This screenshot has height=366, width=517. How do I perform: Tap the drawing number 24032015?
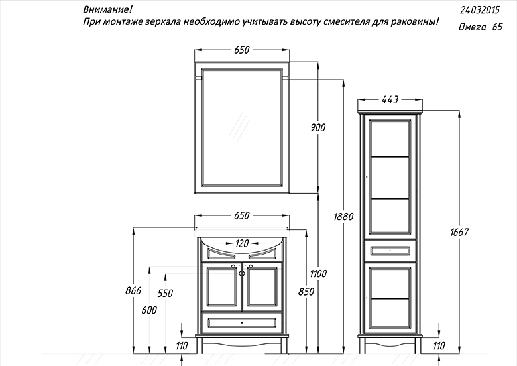[480, 10]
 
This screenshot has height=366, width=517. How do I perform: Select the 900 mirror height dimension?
[318, 127]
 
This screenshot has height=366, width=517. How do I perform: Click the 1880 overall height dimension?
[343, 217]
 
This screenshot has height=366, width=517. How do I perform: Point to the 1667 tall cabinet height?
[459, 233]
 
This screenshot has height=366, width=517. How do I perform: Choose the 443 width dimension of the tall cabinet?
[390, 99]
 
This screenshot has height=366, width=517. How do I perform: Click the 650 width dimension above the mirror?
[242, 50]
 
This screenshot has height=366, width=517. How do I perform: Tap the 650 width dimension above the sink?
[242, 215]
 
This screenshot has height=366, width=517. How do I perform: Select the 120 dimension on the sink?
[242, 243]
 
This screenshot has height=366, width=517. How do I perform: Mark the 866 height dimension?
[133, 290]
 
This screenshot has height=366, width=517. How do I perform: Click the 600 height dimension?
[149, 310]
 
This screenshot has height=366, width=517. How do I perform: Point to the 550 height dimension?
[165, 293]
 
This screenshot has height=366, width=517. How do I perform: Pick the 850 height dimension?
[306, 292]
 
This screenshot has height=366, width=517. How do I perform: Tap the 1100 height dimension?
[319, 273]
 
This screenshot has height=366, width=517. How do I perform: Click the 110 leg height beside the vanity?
[182, 346]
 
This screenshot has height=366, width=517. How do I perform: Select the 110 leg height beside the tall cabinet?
[439, 346]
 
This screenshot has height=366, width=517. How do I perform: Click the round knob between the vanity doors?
[242, 273]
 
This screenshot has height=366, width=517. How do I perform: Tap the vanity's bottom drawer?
[242, 323]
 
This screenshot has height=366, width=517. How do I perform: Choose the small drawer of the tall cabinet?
[390, 251]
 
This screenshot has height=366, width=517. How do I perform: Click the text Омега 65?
[481, 27]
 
